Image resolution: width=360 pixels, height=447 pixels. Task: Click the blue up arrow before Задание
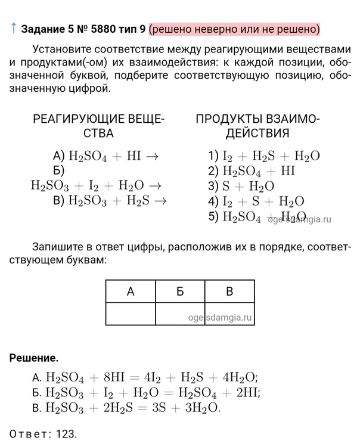tap(13, 28)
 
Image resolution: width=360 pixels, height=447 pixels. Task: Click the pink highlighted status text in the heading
tap(234, 29)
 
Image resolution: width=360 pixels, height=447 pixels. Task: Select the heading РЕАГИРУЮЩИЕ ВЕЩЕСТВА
tap(98, 126)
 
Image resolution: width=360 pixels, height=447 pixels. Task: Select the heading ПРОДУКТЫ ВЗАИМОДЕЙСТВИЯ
tap(257, 126)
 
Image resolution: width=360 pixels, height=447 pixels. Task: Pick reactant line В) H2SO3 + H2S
tap(110, 201)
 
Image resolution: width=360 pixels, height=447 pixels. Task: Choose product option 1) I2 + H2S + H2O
tap(264, 156)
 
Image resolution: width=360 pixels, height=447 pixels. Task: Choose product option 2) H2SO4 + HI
tap(252, 170)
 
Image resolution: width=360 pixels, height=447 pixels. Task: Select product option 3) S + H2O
tap(241, 185)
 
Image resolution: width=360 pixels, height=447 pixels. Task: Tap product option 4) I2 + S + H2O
tap(256, 201)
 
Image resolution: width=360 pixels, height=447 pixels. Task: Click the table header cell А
tap(131, 291)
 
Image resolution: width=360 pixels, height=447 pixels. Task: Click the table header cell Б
tap(181, 291)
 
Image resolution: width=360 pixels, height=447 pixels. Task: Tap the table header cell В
tap(230, 291)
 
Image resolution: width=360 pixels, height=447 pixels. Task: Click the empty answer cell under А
tap(131, 314)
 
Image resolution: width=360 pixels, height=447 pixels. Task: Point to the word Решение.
tap(34, 358)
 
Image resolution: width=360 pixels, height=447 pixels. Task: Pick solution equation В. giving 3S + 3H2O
tap(126, 408)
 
